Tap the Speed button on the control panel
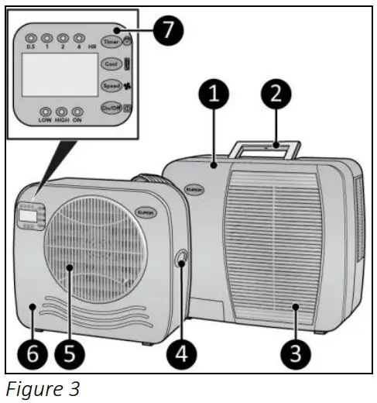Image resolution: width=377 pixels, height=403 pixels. pyautogui.click(x=110, y=86)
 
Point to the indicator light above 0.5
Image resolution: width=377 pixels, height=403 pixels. pyautogui.click(x=30, y=37)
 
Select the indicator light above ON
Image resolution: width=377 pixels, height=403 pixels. pyautogui.click(x=77, y=112)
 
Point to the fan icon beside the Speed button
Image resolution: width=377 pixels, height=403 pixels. pyautogui.click(x=127, y=86)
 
